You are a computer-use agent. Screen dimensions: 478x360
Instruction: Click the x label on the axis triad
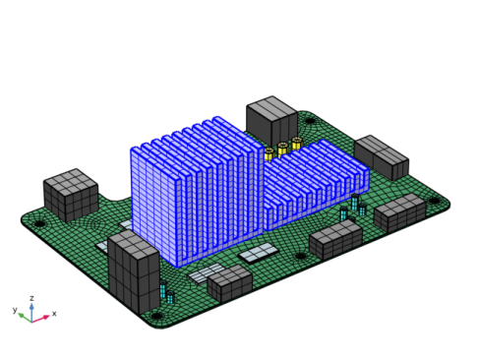pos(54,314)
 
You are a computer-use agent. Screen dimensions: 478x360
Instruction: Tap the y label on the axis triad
pos(15,309)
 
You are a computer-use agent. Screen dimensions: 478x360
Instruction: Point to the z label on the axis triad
pos(31,298)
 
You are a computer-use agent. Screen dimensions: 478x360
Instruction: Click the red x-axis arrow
pos(40,319)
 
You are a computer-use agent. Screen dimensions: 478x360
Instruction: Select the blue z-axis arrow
pos(31,312)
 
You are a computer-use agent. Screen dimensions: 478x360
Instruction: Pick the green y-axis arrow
pos(25,318)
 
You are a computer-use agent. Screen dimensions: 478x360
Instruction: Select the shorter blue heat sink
pos(317,185)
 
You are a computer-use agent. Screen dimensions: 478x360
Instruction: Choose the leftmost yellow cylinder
pos(269,154)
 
